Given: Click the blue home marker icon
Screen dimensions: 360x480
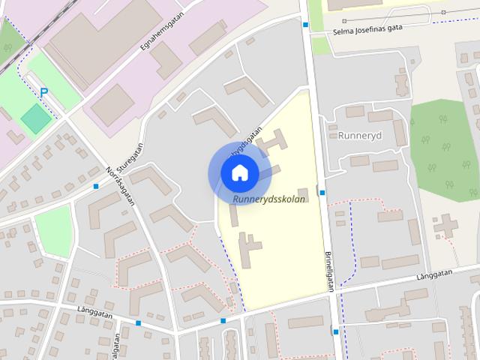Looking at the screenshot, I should (x=239, y=172).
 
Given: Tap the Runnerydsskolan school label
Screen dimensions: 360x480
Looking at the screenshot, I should (x=268, y=200).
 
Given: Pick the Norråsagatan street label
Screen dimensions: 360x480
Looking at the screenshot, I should (x=121, y=186).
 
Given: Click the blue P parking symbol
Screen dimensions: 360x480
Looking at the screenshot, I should (x=43, y=91).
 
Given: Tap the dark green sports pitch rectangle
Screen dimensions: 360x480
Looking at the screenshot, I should (x=36, y=117).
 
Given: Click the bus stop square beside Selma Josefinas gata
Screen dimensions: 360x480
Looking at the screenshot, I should (x=306, y=25).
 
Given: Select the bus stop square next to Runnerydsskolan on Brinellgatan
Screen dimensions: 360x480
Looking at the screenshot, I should (x=322, y=193).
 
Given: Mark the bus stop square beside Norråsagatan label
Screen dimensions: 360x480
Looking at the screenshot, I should (x=96, y=186).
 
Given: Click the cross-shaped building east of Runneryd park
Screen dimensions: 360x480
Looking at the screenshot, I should (x=448, y=224).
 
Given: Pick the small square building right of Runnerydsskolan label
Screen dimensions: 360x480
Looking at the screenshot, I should (x=302, y=193).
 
